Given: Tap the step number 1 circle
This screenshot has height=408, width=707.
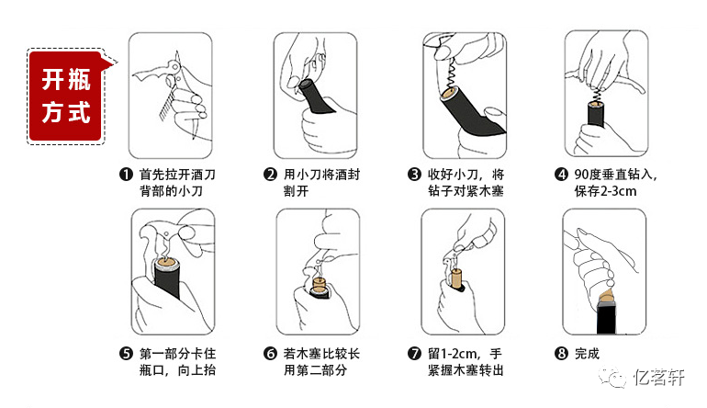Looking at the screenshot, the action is click(126, 175).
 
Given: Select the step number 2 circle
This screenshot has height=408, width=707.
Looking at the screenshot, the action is click(270, 175).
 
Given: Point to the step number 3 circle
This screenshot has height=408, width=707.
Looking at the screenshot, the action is click(414, 175).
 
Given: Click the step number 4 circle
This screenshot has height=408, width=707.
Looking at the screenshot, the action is click(561, 175).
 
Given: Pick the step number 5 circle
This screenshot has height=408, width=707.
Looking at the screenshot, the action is click(126, 354).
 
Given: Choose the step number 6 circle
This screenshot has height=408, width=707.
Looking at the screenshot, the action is click(270, 354).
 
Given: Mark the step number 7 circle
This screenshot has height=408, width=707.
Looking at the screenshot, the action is click(414, 354).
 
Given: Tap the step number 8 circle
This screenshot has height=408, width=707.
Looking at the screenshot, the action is click(561, 354).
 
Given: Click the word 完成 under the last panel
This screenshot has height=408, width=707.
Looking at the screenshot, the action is click(587, 354).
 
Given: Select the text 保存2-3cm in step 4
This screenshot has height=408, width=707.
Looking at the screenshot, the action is click(606, 191).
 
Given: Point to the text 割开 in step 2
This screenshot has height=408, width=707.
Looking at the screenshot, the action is click(296, 191).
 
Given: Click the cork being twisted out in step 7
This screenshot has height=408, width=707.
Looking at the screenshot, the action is click(456, 279).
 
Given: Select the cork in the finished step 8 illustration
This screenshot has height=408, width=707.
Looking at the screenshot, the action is click(607, 297).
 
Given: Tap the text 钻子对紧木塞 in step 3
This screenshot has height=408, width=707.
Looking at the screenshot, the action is click(466, 191).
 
